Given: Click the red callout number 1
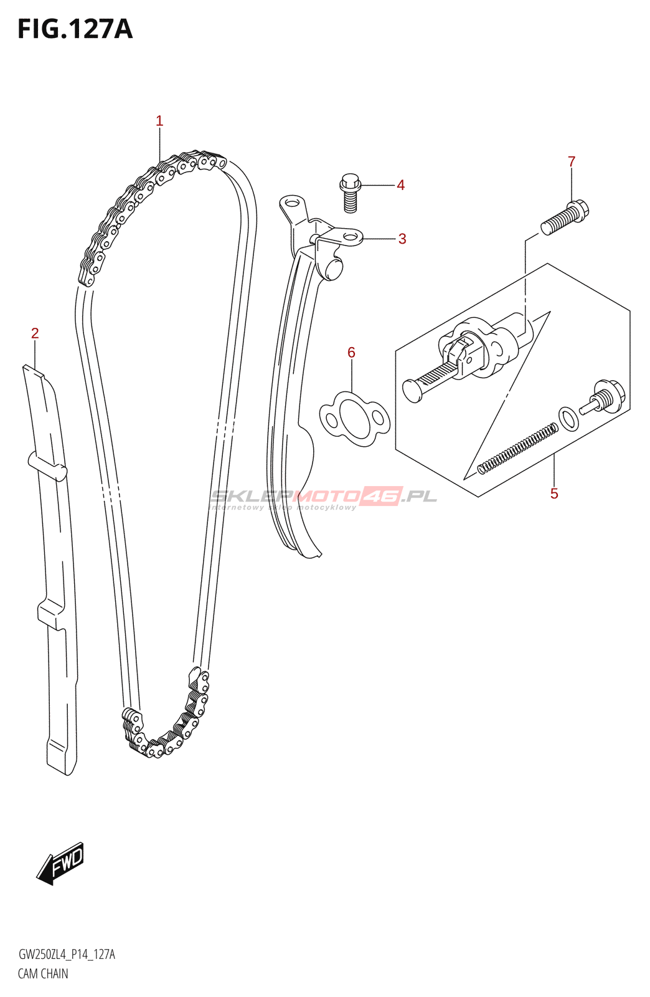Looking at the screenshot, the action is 159,121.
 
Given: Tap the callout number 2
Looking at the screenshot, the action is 35,333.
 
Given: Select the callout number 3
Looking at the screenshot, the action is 402,239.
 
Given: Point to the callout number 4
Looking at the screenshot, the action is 401,185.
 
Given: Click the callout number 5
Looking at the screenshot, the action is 554,494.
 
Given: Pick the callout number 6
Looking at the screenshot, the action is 351,353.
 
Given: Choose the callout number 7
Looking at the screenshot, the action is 572,162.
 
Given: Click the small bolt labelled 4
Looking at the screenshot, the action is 351,190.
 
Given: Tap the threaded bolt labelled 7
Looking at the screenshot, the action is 564,216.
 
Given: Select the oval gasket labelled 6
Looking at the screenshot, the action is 354,419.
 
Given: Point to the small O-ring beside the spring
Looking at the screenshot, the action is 568,419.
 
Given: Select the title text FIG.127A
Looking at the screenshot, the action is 75,29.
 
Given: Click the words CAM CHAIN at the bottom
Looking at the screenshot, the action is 43,973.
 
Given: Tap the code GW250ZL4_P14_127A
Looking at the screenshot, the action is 67,954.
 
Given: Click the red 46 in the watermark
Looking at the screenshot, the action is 382,496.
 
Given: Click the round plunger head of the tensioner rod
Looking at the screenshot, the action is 412,390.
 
